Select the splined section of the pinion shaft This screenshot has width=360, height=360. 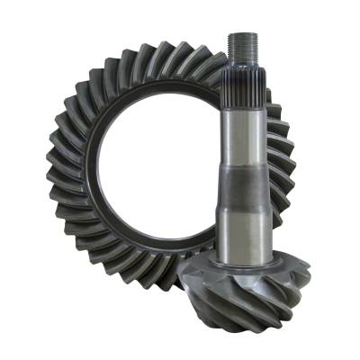pyautogui.click(x=245, y=90)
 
